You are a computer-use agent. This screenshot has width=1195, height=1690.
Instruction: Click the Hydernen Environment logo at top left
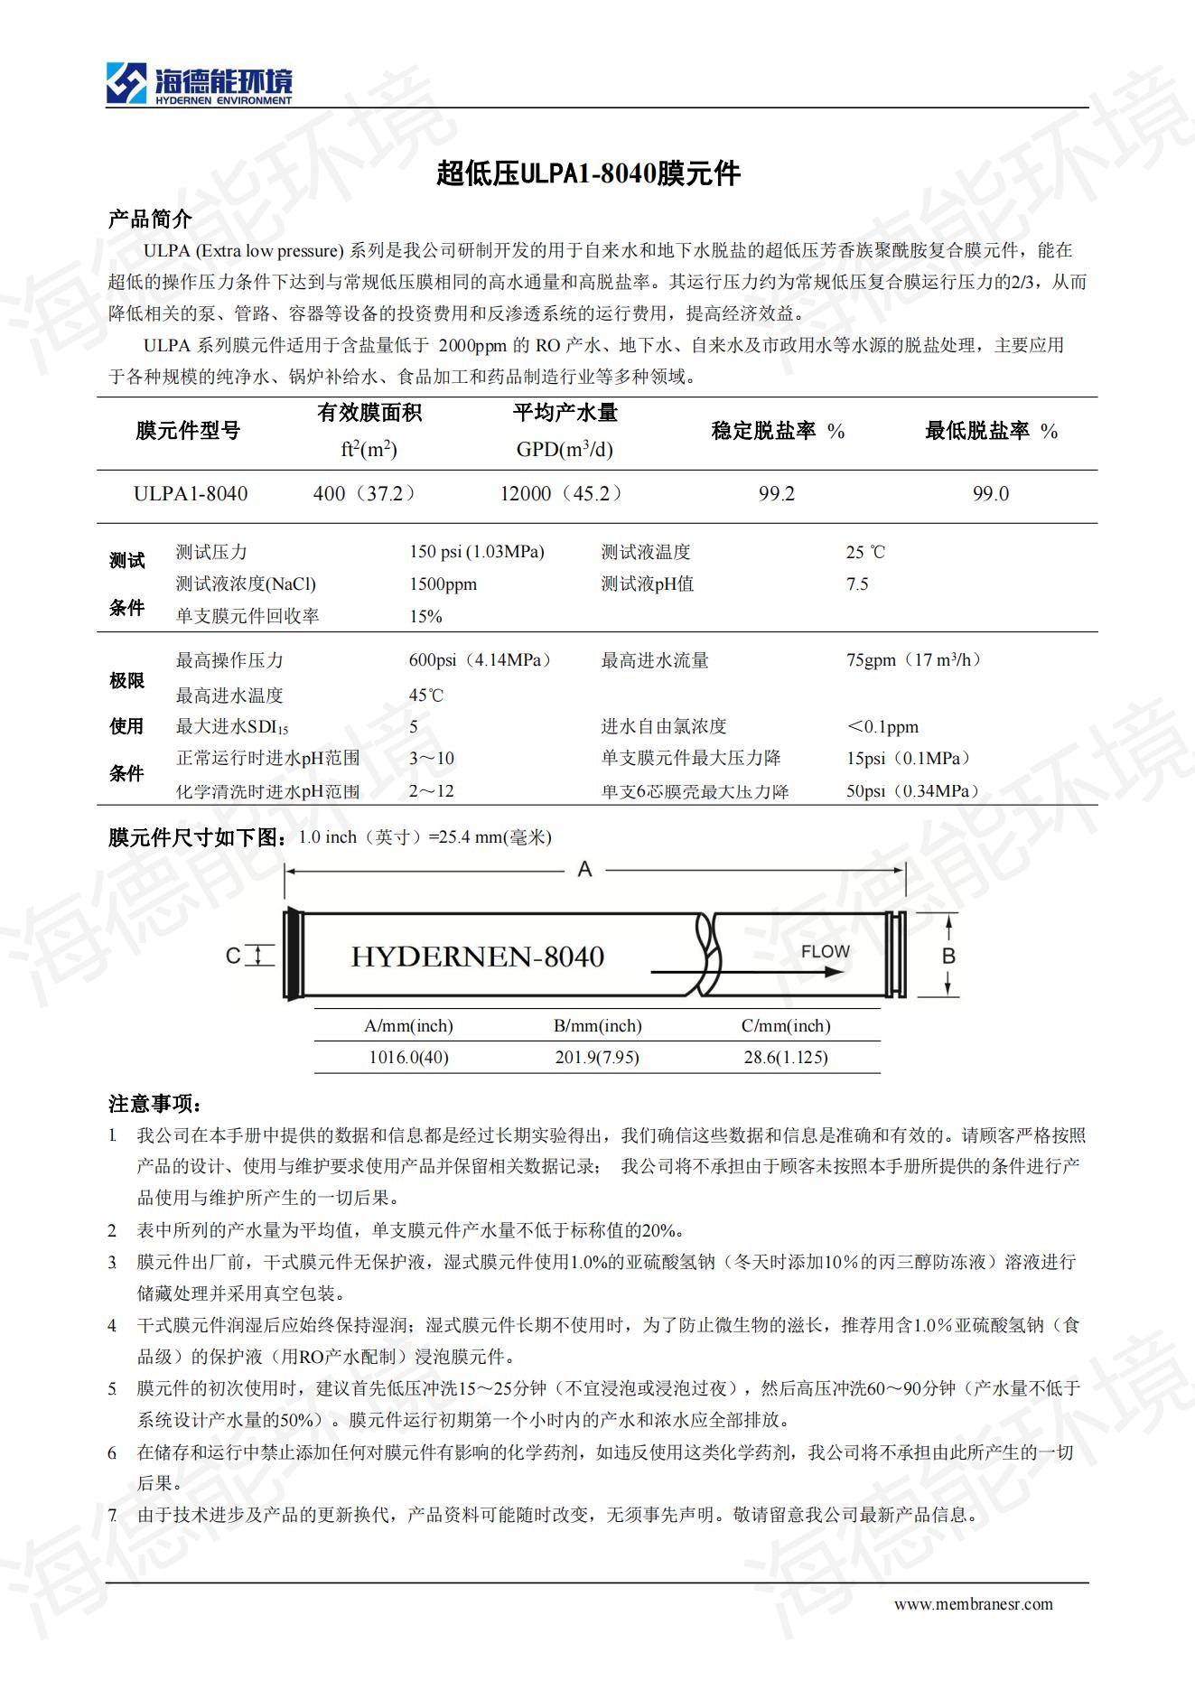point(199,84)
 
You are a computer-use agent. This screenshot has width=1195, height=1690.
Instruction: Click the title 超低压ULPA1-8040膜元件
point(588,173)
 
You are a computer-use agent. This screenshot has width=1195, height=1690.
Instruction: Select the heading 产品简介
point(150,219)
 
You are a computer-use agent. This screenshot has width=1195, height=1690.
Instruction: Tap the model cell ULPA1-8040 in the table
point(191,494)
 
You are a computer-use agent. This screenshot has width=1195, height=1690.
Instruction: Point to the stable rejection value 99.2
point(777,494)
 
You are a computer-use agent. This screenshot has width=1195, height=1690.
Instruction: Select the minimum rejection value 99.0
point(991,494)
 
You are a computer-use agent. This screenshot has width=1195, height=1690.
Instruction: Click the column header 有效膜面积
point(369,414)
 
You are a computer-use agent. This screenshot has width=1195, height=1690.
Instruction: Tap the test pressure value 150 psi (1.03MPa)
point(477,552)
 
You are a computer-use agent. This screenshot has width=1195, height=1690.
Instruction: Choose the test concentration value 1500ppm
point(443,584)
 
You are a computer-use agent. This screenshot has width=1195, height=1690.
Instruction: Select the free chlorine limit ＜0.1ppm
point(882,727)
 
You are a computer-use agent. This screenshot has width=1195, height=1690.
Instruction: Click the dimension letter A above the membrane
point(585,869)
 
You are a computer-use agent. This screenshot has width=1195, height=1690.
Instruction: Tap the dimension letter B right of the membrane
point(948,956)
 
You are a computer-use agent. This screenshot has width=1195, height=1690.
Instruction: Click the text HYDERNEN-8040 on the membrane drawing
point(477,957)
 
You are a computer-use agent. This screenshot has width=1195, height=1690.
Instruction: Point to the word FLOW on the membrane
point(825,951)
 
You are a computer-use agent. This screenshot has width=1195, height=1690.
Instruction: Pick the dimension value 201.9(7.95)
point(597,1058)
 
